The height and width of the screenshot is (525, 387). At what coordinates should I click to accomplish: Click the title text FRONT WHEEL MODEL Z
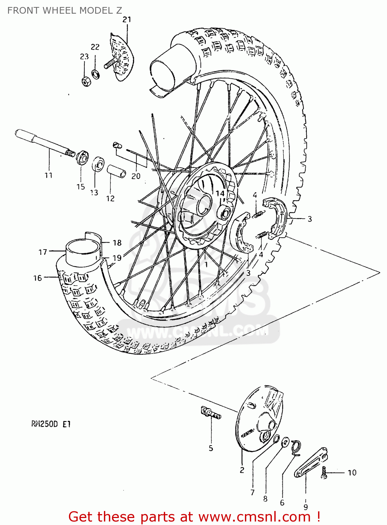tap(65, 10)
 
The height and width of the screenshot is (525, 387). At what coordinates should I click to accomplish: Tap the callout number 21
tap(127, 20)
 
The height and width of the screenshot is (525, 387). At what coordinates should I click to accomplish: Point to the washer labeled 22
tap(95, 74)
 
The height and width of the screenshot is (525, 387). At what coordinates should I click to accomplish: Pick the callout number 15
tap(81, 187)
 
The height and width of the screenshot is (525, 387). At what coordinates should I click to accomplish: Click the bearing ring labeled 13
tap(98, 164)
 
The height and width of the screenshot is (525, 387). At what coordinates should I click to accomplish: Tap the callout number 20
tap(136, 176)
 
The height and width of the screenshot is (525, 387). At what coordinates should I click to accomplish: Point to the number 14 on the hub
tap(220, 193)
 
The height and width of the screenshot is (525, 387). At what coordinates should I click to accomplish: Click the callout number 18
tap(117, 243)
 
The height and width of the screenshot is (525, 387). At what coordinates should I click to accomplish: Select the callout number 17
tap(43, 252)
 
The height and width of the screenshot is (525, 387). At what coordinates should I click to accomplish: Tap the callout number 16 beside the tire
tap(37, 278)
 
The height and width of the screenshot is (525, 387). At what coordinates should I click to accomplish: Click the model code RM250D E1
tap(51, 424)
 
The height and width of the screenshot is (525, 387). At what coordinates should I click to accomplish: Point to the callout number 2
tap(242, 470)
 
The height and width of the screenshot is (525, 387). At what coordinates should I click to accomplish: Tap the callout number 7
tap(253, 492)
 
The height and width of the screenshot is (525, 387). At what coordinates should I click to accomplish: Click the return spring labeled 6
tap(297, 448)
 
